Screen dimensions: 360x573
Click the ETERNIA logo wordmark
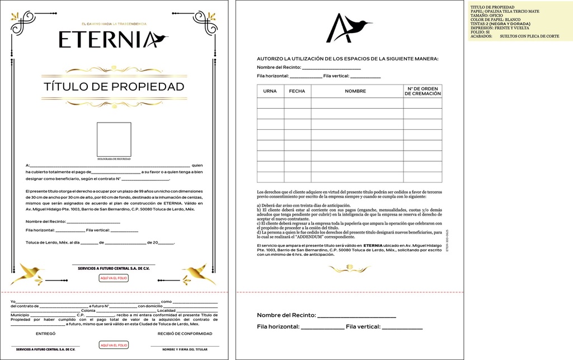point(112,39)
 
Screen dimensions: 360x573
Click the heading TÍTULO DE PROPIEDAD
point(114,87)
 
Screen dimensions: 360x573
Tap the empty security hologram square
point(114,139)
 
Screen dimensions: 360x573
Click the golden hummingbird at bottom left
point(29,273)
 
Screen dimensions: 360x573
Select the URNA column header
point(270,91)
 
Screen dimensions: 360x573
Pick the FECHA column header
point(297,91)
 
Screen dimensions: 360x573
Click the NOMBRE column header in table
point(355,91)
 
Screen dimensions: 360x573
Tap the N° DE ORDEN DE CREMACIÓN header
point(422,91)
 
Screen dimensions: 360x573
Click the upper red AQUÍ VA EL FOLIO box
point(114,278)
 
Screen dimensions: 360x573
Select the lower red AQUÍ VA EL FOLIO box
point(114,345)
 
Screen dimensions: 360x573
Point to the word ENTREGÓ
point(45,334)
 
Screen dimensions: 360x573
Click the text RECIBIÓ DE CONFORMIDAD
point(185,334)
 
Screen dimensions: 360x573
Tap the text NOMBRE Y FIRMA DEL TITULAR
point(185,349)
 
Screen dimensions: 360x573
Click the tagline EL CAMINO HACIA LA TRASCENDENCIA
point(114,24)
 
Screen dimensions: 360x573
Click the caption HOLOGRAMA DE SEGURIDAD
point(114,159)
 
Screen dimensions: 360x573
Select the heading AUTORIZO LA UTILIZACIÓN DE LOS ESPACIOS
point(347,59)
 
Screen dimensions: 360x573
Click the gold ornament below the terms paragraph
point(349,269)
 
